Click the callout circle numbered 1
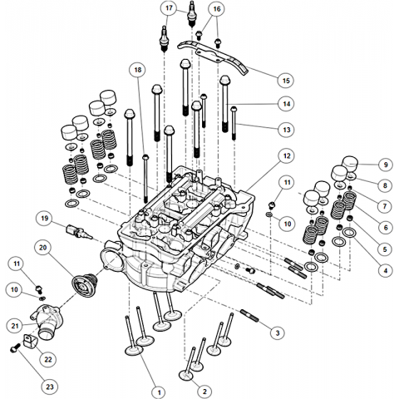160,392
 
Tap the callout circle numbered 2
204,392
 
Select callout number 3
278,332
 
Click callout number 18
138,70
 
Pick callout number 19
44,219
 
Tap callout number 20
43,248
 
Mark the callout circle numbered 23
50,387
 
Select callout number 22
48,359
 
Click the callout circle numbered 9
386,165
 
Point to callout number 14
287,104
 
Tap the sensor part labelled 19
78,232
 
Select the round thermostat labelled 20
84,284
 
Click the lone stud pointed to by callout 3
249,315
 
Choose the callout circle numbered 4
386,269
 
